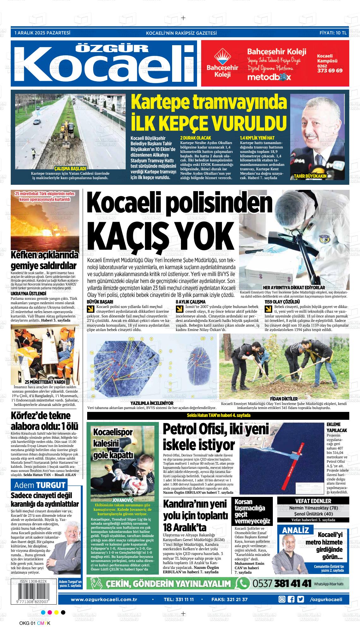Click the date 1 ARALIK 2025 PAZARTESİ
coord(42,33)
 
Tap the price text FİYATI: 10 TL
coord(333,33)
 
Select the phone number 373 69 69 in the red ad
coord(329,71)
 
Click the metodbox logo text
coord(269,77)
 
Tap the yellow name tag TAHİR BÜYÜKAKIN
coord(310,176)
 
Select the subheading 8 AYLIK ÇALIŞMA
coord(190,302)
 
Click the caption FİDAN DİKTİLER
coord(284,399)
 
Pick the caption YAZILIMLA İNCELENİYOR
coord(152,403)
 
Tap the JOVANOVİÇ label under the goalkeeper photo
coord(123,500)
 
